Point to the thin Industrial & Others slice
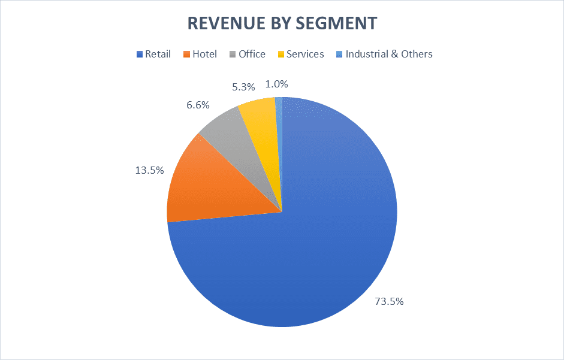point(279,120)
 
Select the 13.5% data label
point(149,170)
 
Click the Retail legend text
point(158,54)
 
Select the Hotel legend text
point(205,54)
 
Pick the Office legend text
point(252,54)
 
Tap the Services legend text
point(305,54)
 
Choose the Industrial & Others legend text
point(389,54)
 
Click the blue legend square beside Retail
point(140,55)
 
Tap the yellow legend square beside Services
point(281,55)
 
